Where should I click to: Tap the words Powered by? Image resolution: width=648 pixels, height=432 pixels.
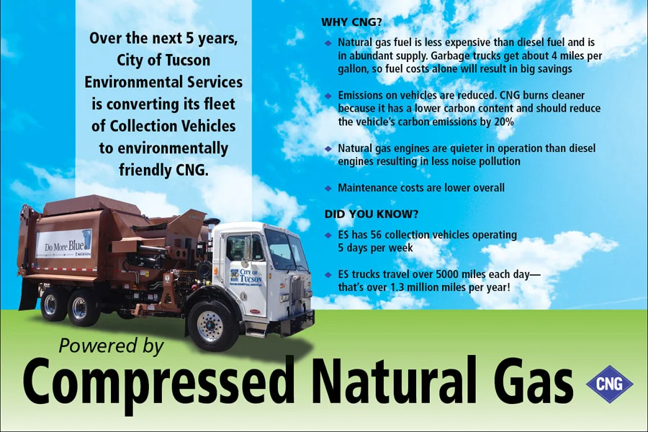pos(112,346)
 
